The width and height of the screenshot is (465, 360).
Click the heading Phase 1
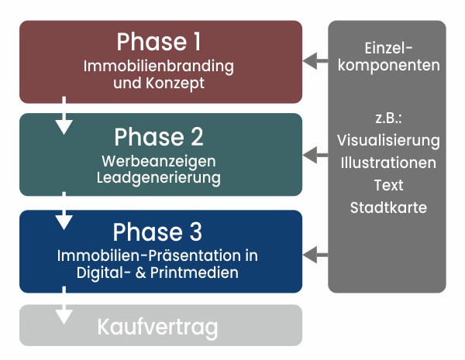[159, 42]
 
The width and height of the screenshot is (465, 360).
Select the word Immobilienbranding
[159, 67]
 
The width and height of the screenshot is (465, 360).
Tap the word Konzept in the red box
[175, 84]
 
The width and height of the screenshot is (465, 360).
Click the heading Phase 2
[159, 136]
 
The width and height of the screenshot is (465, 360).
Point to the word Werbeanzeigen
[159, 162]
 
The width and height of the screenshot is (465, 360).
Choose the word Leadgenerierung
[159, 178]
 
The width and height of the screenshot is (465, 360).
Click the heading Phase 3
[157, 231]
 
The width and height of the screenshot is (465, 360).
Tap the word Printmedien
[195, 273]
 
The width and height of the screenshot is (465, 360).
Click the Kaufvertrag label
[157, 327]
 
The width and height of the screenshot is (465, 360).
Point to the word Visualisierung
[388, 141]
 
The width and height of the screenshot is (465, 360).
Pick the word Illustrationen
[388, 163]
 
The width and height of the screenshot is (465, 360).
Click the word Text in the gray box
[388, 185]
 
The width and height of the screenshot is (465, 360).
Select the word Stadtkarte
[388, 207]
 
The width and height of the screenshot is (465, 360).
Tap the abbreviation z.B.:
[388, 118]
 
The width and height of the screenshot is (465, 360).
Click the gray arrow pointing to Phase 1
[315, 61]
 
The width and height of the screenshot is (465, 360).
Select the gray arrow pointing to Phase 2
[315, 155]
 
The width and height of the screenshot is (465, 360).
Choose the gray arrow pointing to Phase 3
[315, 255]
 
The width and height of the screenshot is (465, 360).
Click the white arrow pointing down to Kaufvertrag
[64, 305]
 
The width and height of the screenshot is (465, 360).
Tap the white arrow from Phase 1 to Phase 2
[64, 115]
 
